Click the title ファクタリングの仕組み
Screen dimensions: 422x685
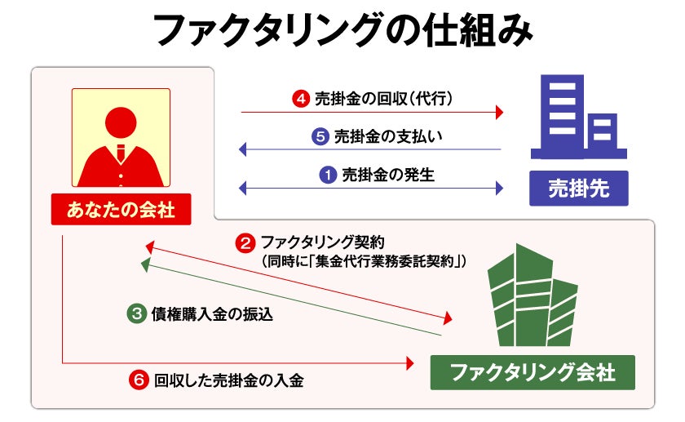(x=343, y=31)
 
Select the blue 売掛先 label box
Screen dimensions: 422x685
(x=579, y=189)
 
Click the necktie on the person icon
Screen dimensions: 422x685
(x=121, y=153)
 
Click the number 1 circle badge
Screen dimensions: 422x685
(x=328, y=174)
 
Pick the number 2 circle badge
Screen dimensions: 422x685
(x=245, y=242)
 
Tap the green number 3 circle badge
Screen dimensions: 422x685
(x=137, y=313)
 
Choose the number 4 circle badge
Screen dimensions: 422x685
(x=300, y=100)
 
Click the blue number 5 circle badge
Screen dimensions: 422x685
(x=320, y=136)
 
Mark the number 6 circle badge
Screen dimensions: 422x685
(x=139, y=380)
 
